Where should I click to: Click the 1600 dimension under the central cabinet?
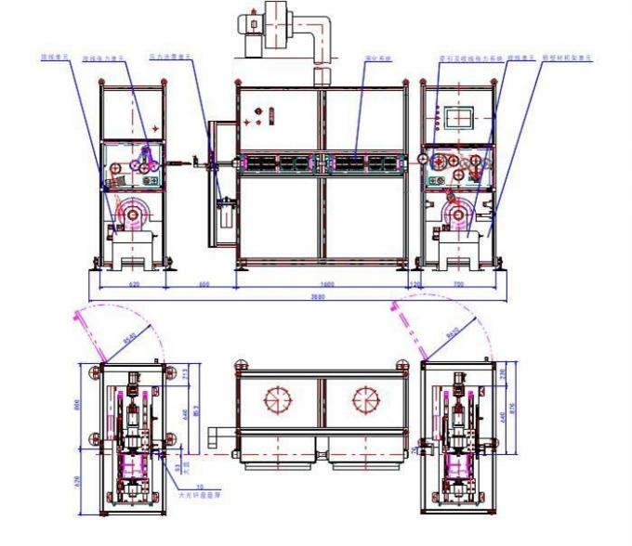pyautogui.click(x=322, y=282)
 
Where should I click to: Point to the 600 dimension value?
pyautogui.click(x=205, y=282)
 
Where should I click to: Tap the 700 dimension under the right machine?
pyautogui.click(x=457, y=282)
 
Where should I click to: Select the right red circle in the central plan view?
pyautogui.click(x=367, y=400)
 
